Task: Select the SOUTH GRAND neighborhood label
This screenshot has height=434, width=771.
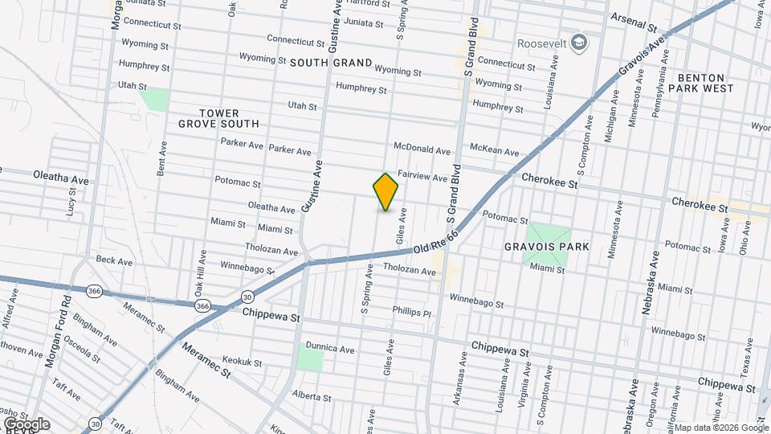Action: click(331, 63)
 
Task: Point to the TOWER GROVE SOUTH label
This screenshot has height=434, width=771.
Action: click(218, 118)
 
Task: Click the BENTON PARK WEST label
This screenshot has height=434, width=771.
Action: click(705, 83)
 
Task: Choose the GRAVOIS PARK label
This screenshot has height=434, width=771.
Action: click(546, 247)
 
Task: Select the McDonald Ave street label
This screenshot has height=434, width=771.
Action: click(422, 149)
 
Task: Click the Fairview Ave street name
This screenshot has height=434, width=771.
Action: click(422, 176)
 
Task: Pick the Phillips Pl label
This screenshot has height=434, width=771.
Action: click(412, 311)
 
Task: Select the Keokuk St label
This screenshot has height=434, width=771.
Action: click(242, 363)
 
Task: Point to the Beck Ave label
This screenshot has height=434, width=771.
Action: click(114, 260)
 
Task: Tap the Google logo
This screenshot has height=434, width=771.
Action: click(26, 424)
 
